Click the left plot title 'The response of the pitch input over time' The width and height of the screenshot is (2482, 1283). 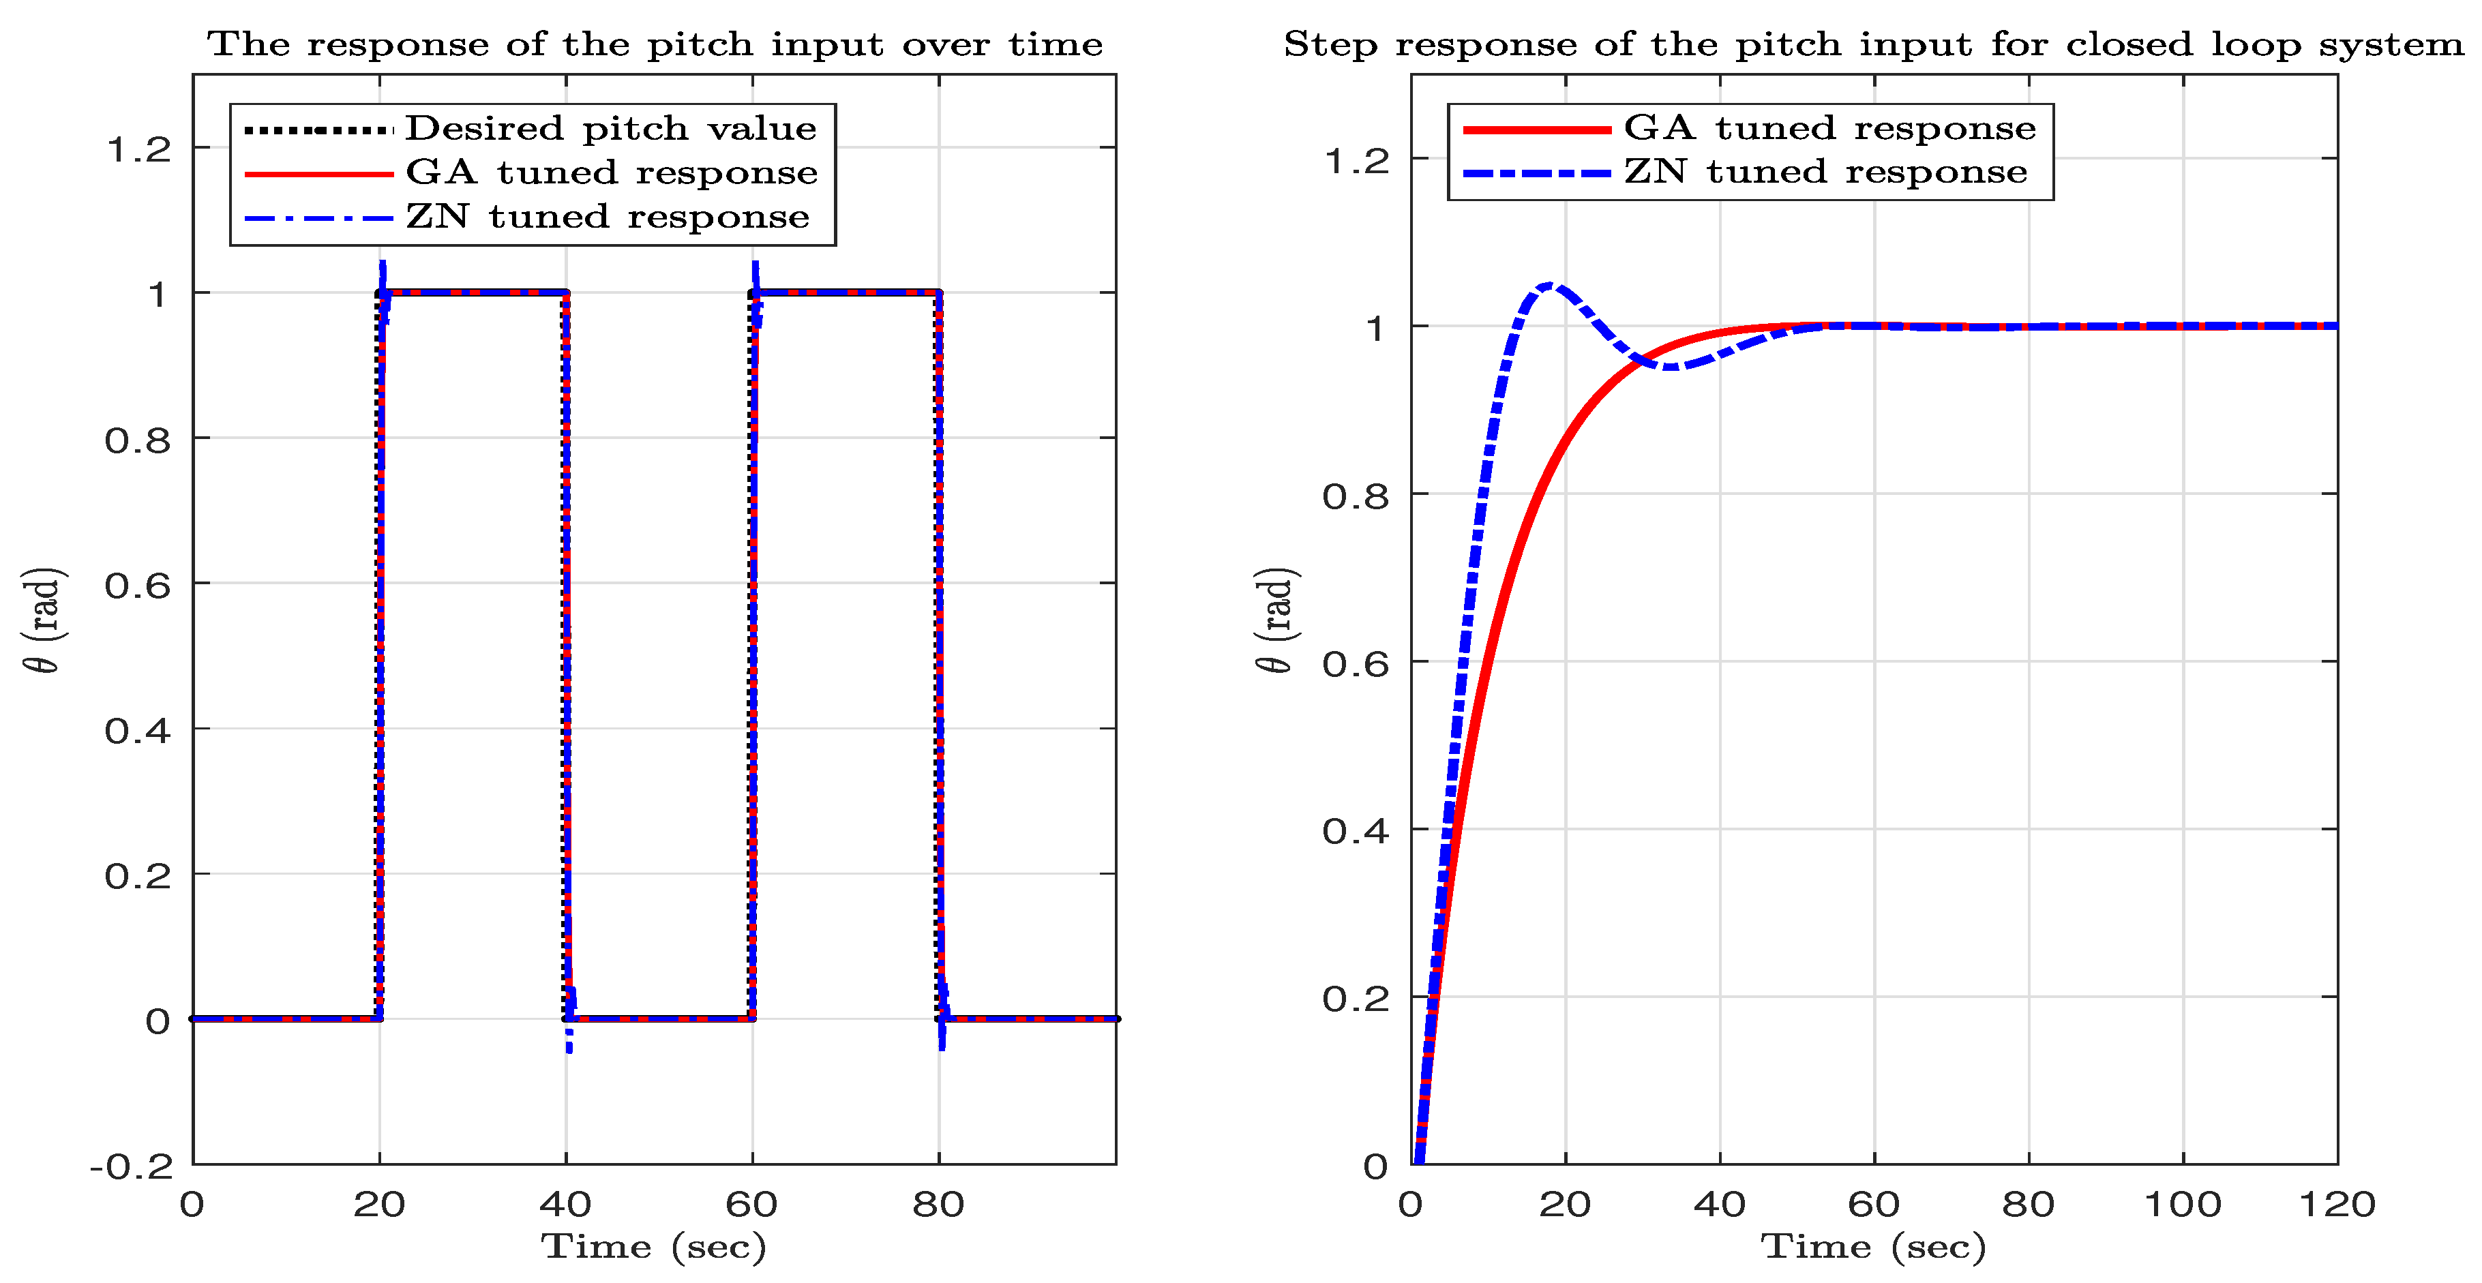[x=655, y=44]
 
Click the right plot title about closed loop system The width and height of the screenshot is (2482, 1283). [x=1872, y=44]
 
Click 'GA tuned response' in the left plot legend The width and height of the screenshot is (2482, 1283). [x=611, y=172]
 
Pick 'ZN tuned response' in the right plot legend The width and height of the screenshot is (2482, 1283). [x=1825, y=172]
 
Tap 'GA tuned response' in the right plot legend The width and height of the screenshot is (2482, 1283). [x=1829, y=128]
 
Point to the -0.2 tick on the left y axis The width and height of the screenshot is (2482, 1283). [x=132, y=1167]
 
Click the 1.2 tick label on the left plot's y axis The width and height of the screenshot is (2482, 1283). [x=138, y=150]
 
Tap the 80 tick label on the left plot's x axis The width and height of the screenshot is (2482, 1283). [x=938, y=1204]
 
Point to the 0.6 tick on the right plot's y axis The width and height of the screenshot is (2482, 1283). [x=1355, y=663]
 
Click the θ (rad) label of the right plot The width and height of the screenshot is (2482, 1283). [x=1278, y=620]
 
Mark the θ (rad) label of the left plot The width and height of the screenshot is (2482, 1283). [x=44, y=620]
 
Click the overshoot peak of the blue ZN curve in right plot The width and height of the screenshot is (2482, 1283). [x=1549, y=285]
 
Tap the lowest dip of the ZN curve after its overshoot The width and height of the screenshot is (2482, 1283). [x=1673, y=367]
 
